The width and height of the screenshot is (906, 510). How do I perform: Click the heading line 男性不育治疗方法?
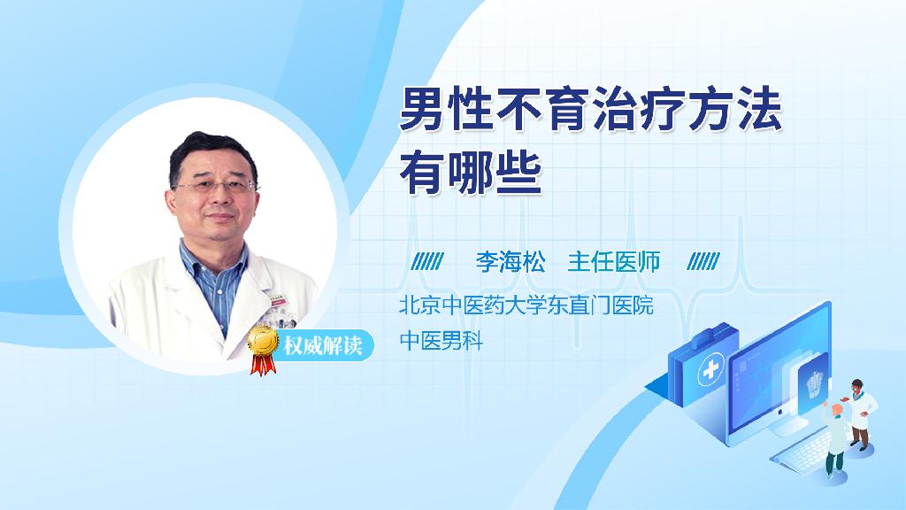tap(590, 110)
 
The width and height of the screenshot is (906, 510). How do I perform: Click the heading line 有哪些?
tap(471, 172)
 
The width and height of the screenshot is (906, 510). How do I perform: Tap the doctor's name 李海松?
tap(511, 262)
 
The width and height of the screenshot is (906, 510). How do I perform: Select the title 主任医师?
tap(614, 262)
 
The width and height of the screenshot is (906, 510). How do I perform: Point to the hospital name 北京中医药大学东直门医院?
tap(526, 305)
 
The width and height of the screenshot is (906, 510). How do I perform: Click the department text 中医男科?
tap(441, 340)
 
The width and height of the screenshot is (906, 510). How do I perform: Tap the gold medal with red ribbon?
tap(263, 349)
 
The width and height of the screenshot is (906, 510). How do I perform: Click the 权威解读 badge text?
tap(322, 345)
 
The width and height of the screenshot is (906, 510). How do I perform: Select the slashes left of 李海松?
tap(427, 262)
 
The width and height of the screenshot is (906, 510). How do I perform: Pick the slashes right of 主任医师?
tap(703, 262)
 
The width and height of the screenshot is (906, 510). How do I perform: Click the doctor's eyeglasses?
tap(215, 186)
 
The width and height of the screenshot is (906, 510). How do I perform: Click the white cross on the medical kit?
tap(710, 368)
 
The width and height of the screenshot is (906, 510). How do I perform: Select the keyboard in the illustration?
tap(803, 451)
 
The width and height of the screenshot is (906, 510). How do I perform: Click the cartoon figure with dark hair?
tap(859, 414)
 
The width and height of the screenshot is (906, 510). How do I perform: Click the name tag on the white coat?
tap(277, 299)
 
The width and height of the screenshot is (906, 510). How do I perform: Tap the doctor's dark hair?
tap(211, 151)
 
